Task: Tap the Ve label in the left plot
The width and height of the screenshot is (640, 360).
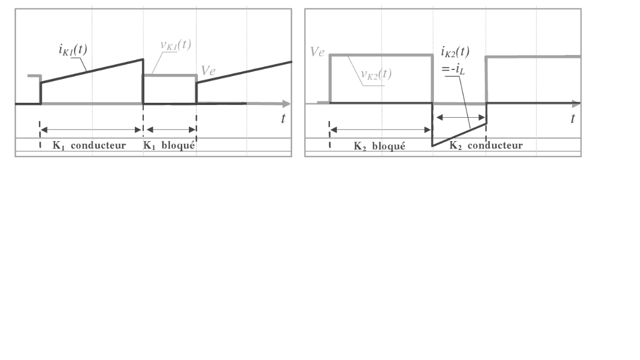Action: pos(209,70)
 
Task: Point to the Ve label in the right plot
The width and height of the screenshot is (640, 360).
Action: pos(317,53)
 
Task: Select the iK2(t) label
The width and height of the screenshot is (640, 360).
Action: pos(455,52)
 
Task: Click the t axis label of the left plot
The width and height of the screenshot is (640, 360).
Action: pos(283,118)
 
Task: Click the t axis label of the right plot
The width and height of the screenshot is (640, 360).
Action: pos(572,118)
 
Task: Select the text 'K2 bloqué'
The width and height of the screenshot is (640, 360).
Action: pos(379,147)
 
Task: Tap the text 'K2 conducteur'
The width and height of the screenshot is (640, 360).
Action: pos(486,146)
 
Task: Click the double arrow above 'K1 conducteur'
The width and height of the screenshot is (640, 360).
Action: pos(92,130)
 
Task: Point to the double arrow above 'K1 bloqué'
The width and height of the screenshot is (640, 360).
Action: pos(170,130)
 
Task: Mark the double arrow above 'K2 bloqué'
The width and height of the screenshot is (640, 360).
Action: pos(381,130)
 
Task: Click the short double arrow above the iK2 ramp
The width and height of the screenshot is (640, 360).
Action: pos(459,117)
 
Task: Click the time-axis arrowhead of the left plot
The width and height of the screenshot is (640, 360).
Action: pos(286,104)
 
